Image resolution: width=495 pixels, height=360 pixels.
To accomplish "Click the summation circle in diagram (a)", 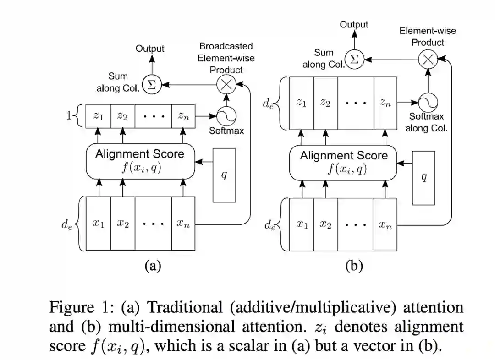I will pyautogui.click(x=151, y=85).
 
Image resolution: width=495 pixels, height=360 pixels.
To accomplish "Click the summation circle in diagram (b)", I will pyautogui.click(x=354, y=60).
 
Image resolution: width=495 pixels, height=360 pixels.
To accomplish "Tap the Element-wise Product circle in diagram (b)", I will pyautogui.click(x=427, y=60).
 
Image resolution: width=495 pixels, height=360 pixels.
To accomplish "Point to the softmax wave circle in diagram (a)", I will pyautogui.click(x=225, y=116).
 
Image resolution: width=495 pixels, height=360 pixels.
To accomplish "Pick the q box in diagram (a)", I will pyautogui.click(x=224, y=175).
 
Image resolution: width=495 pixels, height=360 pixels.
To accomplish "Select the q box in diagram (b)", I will pyautogui.click(x=423, y=178).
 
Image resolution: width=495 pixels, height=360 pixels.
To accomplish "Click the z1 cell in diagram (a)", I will pyautogui.click(x=98, y=116).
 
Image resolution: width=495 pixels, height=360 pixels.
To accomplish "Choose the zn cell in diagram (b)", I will pyautogui.click(x=385, y=103).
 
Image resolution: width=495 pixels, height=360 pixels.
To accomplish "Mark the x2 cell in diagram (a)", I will pyautogui.click(x=122, y=224).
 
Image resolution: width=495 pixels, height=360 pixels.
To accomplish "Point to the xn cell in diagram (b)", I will pyautogui.click(x=385, y=224).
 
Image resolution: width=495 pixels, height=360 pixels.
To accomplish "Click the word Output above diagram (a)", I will pyautogui.click(x=149, y=49).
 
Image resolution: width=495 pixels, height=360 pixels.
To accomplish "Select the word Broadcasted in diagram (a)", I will pyautogui.click(x=225, y=47).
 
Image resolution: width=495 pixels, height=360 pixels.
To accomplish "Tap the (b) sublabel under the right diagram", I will pyautogui.click(x=354, y=266).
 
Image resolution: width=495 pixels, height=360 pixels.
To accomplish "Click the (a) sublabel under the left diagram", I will pyautogui.click(x=153, y=266).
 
